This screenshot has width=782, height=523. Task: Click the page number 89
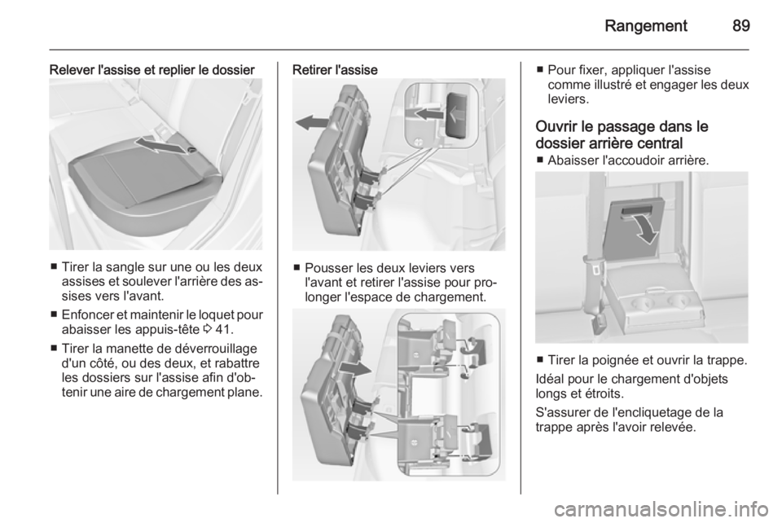pos(741,25)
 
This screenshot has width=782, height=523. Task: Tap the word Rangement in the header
pos(646,26)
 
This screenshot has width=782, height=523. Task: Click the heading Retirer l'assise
pos(335,70)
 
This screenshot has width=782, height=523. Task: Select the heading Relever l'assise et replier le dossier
pos(152,70)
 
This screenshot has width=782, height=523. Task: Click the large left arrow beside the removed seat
pos(312,122)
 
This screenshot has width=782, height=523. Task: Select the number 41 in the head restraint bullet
pos(223,330)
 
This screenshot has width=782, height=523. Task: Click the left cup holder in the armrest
pos(641,303)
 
